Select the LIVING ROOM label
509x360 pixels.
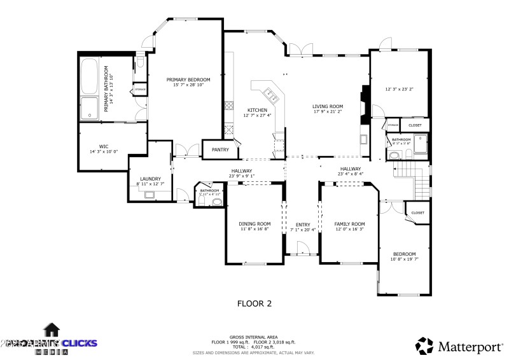(327, 106)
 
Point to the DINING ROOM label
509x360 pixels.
(254, 223)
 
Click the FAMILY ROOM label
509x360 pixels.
(349, 223)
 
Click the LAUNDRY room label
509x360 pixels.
(150, 179)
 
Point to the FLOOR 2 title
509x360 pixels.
(254, 303)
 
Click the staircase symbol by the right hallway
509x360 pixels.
(414, 179)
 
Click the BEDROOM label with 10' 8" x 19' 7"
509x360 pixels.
(403, 253)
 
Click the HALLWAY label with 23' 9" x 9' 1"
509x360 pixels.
(242, 170)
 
